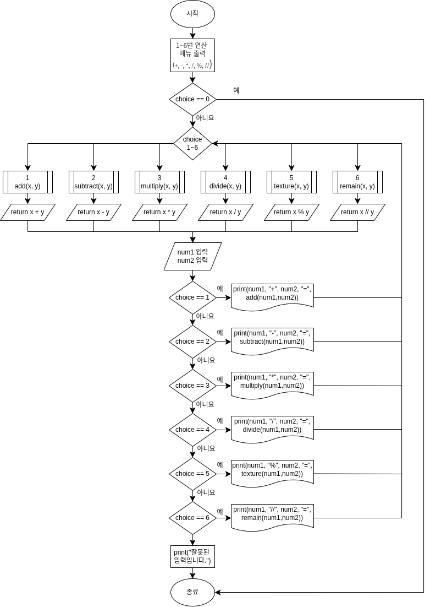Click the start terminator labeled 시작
point(192,14)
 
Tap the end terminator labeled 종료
point(192,592)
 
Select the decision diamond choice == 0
point(192,99)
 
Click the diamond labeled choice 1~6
point(192,143)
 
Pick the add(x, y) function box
point(27,182)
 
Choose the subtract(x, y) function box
point(93,182)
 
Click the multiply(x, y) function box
point(159,182)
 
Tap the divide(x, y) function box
point(225,182)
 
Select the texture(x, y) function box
point(291,182)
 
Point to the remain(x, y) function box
point(357,182)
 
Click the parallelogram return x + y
point(27,212)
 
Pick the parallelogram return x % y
point(291,212)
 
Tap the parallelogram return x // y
point(357,212)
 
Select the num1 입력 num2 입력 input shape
point(192,256)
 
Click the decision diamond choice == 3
point(192,386)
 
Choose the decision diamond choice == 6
point(192,518)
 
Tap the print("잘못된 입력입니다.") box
point(192,556)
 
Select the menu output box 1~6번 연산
point(192,55)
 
